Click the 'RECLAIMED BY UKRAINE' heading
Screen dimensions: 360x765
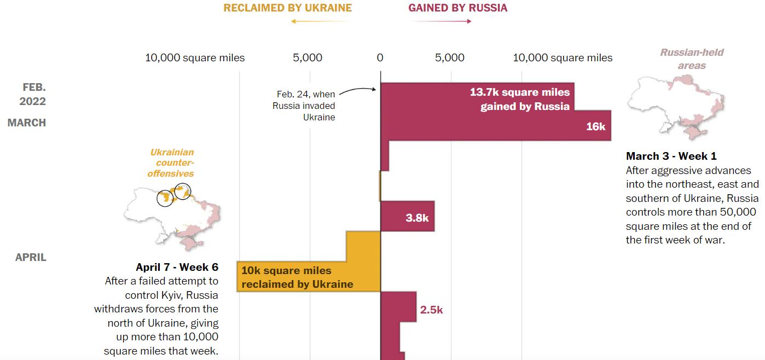(287, 8)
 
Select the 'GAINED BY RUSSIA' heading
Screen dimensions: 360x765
(457, 8)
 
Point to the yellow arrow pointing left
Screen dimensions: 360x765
(321, 21)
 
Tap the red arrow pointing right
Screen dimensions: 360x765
(442, 21)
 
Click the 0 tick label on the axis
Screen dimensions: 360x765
(380, 57)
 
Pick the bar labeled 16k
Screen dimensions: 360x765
(495, 126)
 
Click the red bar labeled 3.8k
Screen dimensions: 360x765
(407, 216)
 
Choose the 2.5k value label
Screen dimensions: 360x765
(431, 310)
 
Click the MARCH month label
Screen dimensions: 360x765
(27, 123)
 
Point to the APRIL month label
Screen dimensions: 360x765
(31, 257)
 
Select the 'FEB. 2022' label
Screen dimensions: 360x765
(33, 94)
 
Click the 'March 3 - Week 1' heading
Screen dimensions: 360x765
(671, 156)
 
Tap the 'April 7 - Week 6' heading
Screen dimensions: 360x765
(177, 267)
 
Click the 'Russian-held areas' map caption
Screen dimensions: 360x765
(692, 59)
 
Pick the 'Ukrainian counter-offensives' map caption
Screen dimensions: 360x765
(171, 162)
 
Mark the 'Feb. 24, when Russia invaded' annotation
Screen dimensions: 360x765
(304, 106)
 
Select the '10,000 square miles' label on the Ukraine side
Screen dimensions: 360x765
(195, 57)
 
